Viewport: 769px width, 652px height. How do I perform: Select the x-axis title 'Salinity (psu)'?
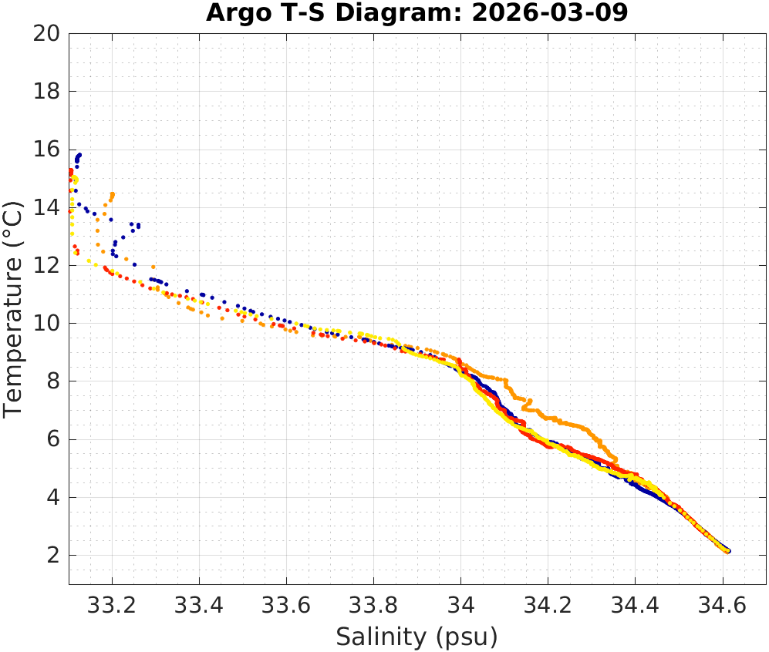(417, 637)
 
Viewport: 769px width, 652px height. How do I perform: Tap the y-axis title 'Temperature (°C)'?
(15, 308)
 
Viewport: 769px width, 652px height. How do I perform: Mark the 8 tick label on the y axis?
(54, 381)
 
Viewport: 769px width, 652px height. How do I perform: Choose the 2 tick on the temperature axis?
(54, 555)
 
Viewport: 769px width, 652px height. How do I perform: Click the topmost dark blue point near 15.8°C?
(79, 155)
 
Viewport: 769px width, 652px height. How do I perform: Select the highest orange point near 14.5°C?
(113, 193)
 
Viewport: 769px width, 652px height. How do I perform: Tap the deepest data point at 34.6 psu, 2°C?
(727, 551)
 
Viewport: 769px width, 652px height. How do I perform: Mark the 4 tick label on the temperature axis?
(54, 497)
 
